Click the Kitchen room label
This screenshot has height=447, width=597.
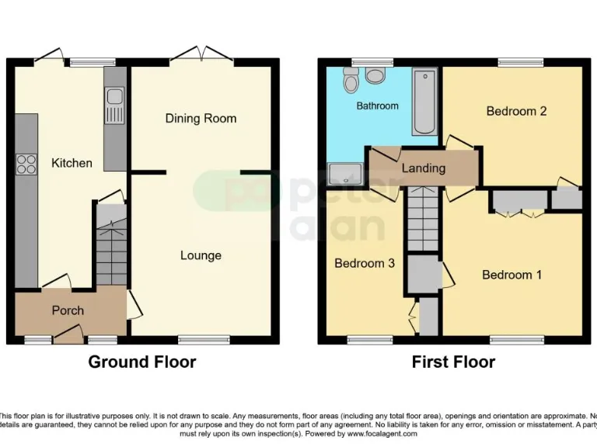pos(72,163)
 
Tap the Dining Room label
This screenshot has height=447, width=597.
pos(201,118)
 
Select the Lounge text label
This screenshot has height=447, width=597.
pos(201,255)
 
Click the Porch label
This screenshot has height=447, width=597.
pos(68,310)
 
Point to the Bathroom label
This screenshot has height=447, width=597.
pos(377,106)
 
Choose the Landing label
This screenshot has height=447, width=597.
pos(424,168)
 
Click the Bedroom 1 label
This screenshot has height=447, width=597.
pos(511,275)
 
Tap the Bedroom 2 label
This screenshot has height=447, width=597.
pos(516,111)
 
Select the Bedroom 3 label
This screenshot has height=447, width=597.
pos(365,263)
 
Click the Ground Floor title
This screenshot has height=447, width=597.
pos(141,362)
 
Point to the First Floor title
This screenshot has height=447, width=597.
pos(453,362)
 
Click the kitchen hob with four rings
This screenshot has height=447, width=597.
pos(26,164)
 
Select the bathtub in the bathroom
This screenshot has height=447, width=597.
pos(424,102)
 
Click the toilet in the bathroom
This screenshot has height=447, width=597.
pos(376,75)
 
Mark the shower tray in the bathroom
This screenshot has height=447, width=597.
pos(340,172)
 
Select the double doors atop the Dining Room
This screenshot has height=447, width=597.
pos(201,55)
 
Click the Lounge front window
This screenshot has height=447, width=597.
pos(204,339)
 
